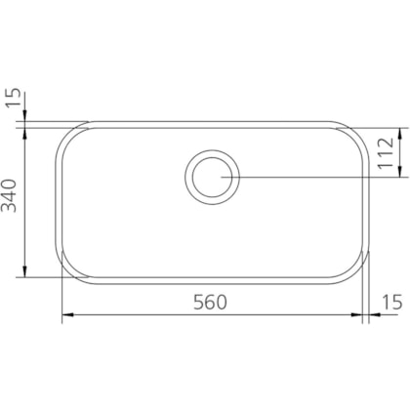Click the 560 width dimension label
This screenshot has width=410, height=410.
click(210, 302)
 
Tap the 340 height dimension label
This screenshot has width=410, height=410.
click(9, 195)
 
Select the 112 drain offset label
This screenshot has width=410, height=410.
click(387, 152)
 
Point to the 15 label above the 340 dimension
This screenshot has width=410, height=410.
click(14, 98)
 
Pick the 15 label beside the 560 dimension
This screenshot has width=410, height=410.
click(391, 303)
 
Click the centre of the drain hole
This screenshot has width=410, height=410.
click(212, 177)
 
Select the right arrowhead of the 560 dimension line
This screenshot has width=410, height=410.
click(356, 314)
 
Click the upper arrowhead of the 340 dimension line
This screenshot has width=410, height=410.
click(24, 134)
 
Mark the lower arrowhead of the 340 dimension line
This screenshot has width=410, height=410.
click(24, 271)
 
